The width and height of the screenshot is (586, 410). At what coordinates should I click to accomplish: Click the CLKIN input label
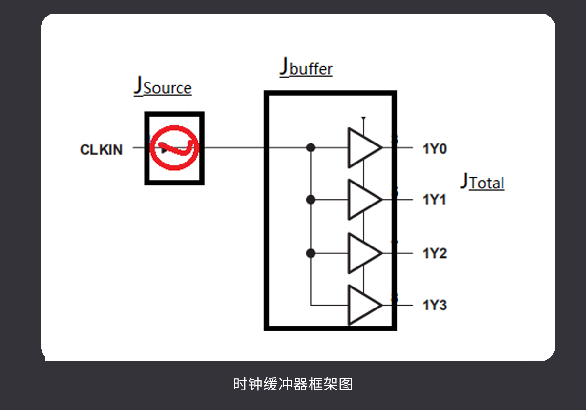tap(101, 149)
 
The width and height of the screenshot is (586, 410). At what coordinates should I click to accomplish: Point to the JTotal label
tap(482, 182)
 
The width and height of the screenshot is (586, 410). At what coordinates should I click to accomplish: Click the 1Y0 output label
tap(434, 148)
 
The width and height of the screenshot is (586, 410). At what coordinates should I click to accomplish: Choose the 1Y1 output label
tap(434, 200)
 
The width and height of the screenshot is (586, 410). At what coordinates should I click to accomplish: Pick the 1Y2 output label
tap(434, 253)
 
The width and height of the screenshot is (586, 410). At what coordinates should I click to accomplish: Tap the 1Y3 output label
tap(434, 306)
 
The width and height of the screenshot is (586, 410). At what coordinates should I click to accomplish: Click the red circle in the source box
tap(174, 148)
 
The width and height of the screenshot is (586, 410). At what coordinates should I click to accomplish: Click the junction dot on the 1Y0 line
tap(310, 147)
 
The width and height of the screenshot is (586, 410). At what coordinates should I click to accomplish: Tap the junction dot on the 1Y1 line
tap(310, 200)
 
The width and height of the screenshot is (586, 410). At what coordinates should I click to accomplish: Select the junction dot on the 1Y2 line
tap(310, 253)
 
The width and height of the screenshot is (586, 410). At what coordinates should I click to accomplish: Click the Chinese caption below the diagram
tap(293, 384)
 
